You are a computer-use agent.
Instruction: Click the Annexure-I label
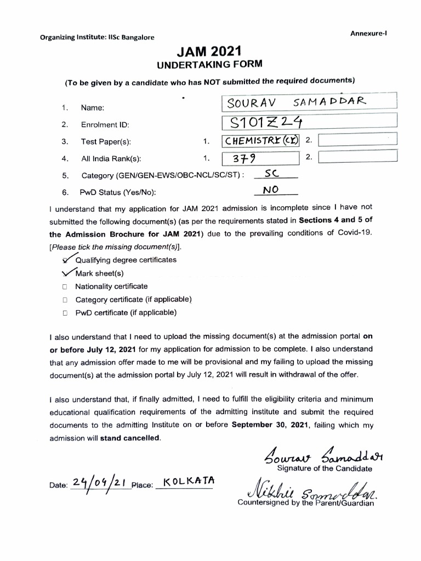click(x=368, y=33)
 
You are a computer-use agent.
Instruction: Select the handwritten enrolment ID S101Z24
click(x=268, y=122)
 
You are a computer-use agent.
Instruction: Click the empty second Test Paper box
click(x=357, y=141)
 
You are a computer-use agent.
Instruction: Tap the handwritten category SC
click(x=272, y=174)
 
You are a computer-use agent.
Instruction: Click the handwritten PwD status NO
click(x=271, y=190)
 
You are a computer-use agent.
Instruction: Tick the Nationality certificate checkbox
click(x=65, y=287)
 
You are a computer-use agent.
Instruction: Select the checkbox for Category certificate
click(x=65, y=300)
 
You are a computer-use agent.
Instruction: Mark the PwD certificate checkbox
click(x=65, y=313)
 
